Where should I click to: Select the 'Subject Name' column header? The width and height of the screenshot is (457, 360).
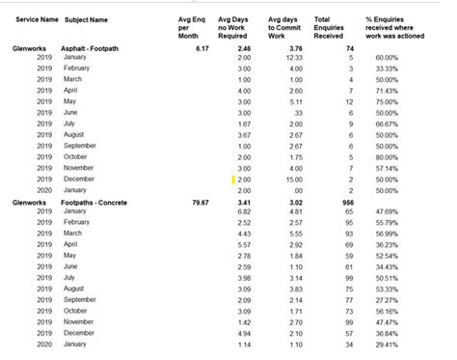(86, 19)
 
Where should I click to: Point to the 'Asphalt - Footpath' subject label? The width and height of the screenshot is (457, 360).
(96, 46)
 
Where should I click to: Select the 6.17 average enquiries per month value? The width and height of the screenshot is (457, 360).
(202, 46)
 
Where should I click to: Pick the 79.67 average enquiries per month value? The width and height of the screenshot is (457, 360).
(200, 202)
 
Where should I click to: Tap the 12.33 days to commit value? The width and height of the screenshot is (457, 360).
(294, 57)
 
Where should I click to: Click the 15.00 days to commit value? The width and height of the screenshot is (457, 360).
(294, 180)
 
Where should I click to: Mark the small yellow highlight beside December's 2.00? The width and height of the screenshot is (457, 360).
(232, 180)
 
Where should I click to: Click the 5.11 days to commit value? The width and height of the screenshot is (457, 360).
(296, 101)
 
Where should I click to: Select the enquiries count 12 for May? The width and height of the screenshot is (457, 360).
(347, 101)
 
